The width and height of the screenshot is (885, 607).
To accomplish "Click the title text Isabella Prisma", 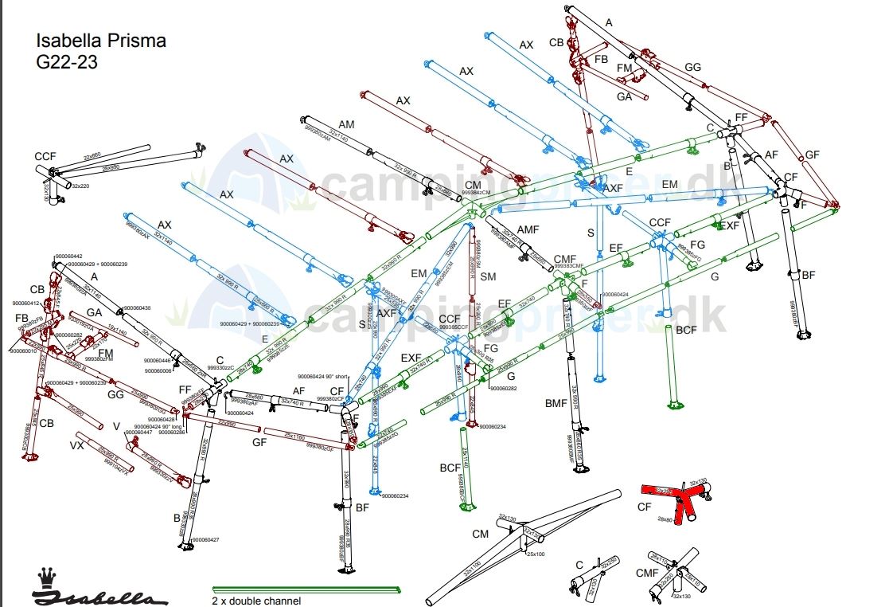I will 101,41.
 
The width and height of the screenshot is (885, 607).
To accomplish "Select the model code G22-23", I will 67,62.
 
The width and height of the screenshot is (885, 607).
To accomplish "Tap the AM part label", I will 346,125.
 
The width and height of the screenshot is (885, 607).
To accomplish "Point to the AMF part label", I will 528,229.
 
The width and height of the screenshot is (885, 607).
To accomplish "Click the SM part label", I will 488,276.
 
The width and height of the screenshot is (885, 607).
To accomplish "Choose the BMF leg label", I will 556,404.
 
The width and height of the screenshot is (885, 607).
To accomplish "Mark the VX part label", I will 77,444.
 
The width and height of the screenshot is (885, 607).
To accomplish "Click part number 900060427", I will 205,539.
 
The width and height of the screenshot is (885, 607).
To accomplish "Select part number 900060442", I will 68,256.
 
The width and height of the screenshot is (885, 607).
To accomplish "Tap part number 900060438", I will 138,307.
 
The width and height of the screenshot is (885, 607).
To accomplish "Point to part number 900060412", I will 25,303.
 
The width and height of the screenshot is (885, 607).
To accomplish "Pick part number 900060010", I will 25,350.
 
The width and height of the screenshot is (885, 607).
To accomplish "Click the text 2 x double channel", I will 256,601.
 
